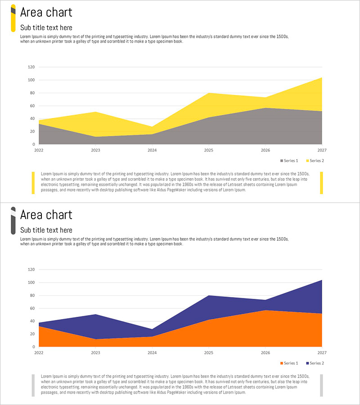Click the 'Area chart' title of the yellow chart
[46, 12]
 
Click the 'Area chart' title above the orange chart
[46, 215]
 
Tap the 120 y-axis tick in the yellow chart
[31, 67]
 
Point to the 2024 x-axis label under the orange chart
[152, 353]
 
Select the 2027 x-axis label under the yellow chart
[322, 150]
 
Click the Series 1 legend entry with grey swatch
[289, 161]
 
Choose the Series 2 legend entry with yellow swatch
[315, 161]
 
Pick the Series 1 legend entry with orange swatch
[289, 363]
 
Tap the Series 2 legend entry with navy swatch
[315, 363]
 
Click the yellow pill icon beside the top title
[13, 18]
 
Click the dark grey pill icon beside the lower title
[13, 220]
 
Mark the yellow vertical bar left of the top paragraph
[33, 183]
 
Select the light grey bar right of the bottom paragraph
[321, 385]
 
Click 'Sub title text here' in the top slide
[46, 27]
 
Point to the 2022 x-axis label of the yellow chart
[39, 150]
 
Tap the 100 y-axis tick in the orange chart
[31, 283]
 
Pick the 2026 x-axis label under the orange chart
[265, 353]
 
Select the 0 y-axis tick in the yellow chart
[33, 144]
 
